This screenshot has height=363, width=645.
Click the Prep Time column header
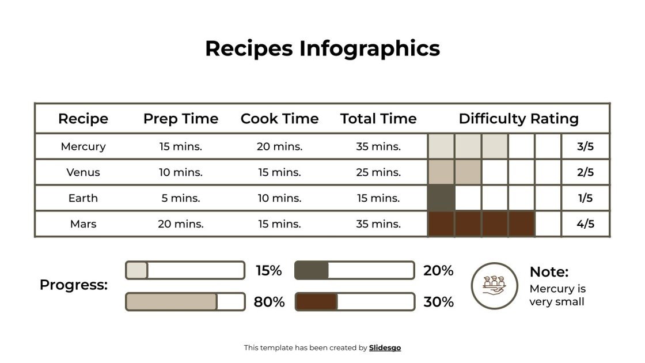click(x=181, y=119)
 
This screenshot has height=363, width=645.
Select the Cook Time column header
click(x=279, y=119)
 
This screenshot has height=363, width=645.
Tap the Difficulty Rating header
click(x=518, y=119)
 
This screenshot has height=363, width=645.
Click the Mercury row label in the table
click(x=83, y=146)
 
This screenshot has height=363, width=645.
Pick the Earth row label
click(x=83, y=198)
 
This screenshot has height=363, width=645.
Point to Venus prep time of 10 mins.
click(x=181, y=172)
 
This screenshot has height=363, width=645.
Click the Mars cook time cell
click(x=279, y=224)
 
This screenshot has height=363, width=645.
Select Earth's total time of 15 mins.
click(x=378, y=198)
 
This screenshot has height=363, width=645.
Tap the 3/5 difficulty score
click(x=585, y=146)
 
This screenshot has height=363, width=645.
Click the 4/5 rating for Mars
click(x=585, y=224)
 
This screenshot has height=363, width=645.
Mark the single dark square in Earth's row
click(x=441, y=198)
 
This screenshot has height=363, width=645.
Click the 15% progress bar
click(x=185, y=270)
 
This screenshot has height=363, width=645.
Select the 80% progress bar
click(x=185, y=301)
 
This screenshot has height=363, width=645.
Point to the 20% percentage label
click(x=438, y=270)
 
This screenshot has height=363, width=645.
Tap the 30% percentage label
click(x=438, y=301)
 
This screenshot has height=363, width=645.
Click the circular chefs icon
click(x=495, y=286)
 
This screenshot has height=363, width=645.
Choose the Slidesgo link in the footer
click(x=385, y=347)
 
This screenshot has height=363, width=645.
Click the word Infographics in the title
click(x=369, y=48)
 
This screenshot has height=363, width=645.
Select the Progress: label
click(x=74, y=285)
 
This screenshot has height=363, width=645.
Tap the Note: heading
click(x=549, y=272)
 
